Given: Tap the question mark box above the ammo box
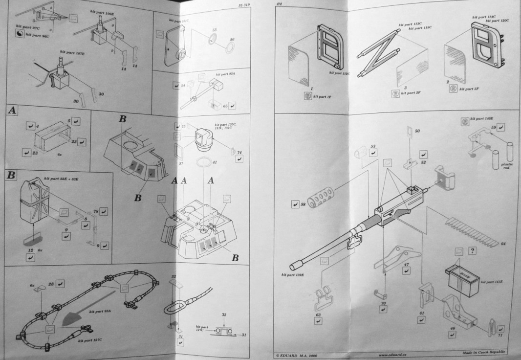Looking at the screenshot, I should (x=472, y=250).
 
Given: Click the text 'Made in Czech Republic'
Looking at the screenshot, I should (x=483, y=353).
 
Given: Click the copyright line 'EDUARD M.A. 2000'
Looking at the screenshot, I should (x=298, y=353).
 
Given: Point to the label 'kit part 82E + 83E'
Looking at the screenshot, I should (x=62, y=179).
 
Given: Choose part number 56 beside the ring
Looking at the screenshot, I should (x=232, y=40).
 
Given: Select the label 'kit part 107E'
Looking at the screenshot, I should (x=73, y=51).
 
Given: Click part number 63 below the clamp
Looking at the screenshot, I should (x=318, y=315).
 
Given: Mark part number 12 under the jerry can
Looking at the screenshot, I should (x=30, y=250).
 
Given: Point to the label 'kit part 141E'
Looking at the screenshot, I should (x=493, y=282).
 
